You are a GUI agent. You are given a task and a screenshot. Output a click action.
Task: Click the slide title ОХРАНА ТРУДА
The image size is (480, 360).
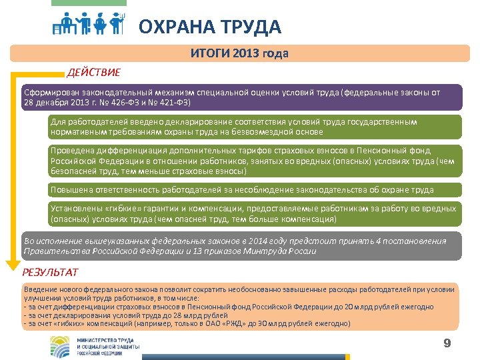[x=210, y=27]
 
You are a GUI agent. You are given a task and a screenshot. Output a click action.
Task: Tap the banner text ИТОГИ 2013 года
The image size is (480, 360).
[x=239, y=53]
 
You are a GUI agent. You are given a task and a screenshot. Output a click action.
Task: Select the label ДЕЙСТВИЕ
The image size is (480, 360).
[x=93, y=72]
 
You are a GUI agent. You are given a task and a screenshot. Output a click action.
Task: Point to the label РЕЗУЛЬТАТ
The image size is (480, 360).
[x=51, y=272]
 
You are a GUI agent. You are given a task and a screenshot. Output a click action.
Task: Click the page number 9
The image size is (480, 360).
[x=447, y=343]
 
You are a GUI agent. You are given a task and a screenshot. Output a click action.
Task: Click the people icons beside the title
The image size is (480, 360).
[x=89, y=24]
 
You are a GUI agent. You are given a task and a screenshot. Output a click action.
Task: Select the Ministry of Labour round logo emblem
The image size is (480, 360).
[x=61, y=347]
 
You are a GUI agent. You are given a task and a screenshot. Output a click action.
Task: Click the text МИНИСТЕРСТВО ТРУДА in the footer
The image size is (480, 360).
[x=108, y=341]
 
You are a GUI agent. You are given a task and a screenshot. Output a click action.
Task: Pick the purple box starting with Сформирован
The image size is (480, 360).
[x=241, y=97]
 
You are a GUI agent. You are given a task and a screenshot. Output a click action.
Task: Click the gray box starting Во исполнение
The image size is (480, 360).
[x=241, y=246]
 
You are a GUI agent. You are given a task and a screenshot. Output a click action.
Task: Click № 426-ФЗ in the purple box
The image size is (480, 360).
[x=131, y=103]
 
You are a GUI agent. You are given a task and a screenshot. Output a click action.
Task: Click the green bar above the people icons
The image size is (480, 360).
[x=88, y=3]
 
